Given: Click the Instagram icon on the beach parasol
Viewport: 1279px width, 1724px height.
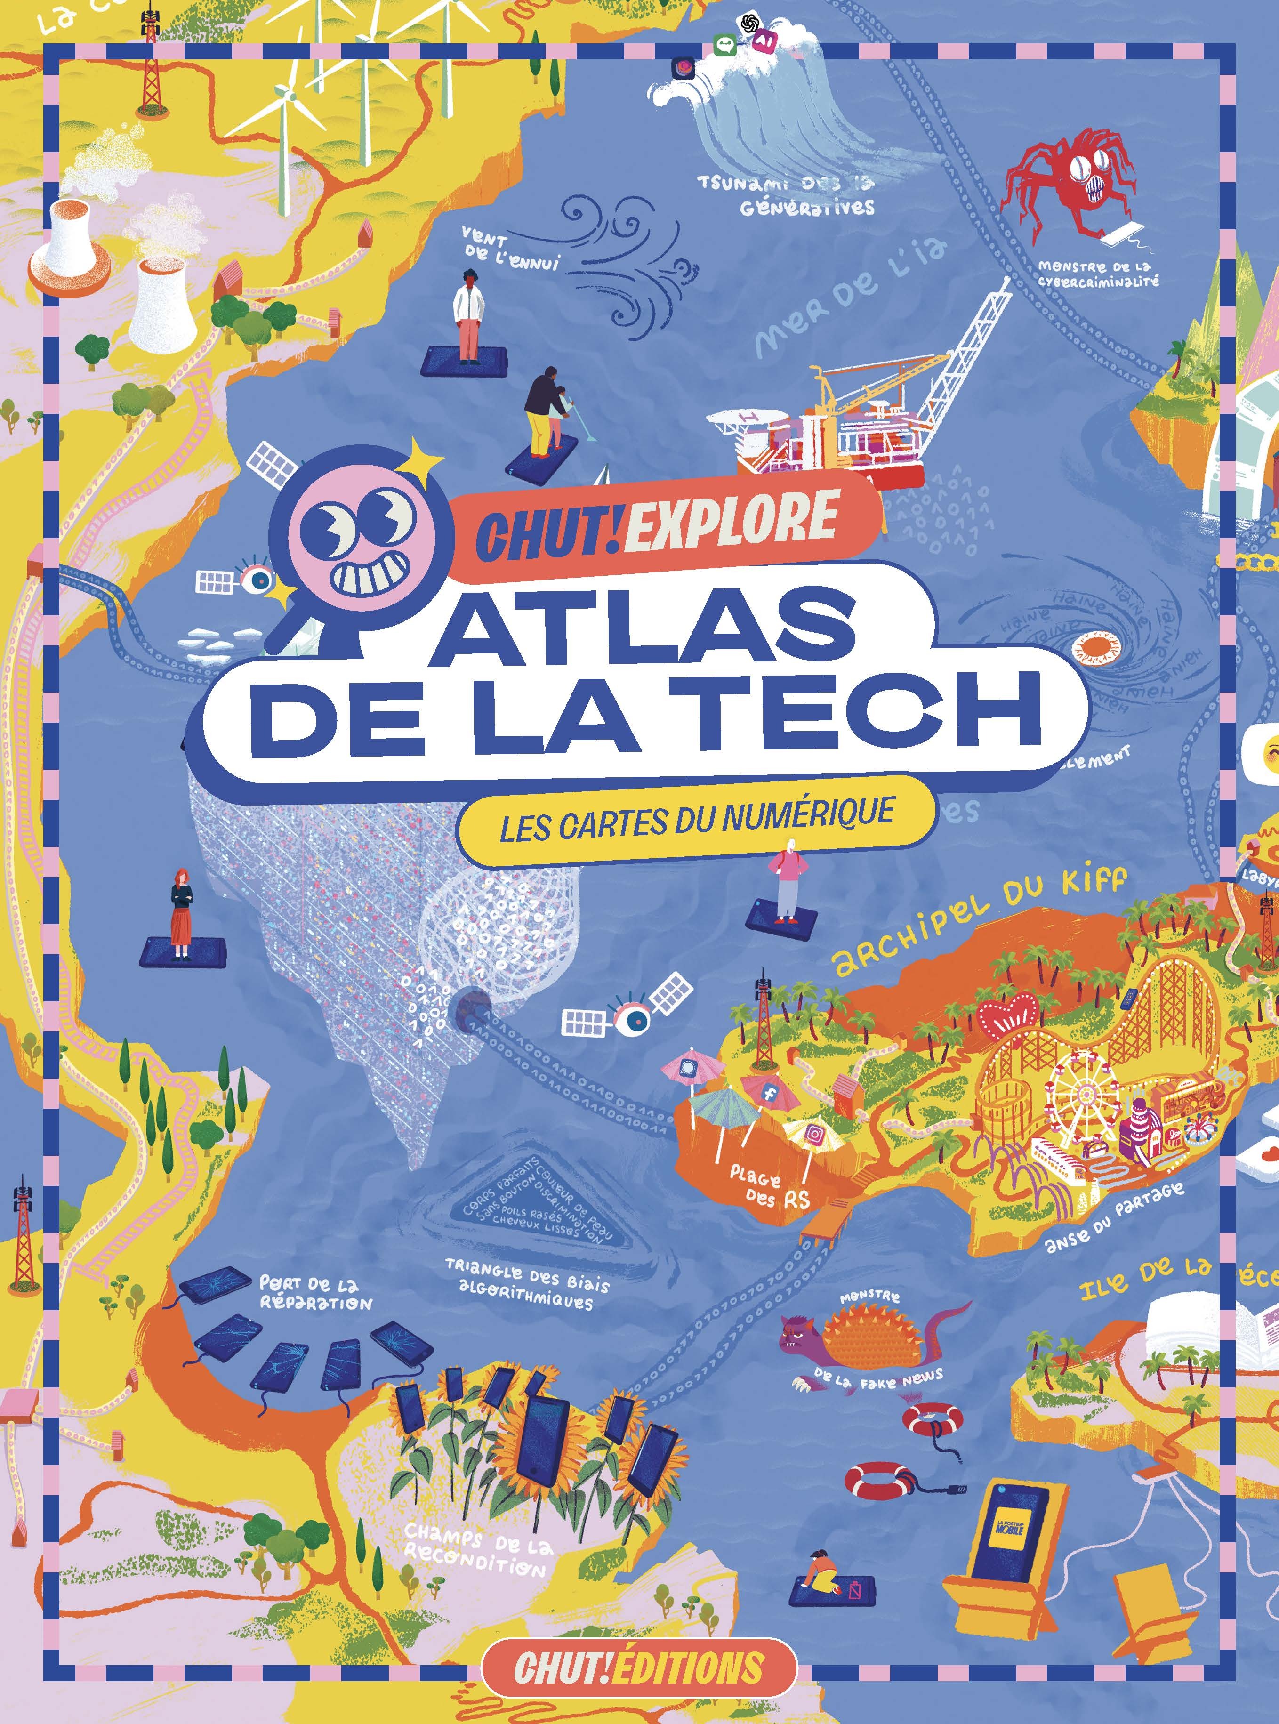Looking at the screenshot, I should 814,1135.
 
